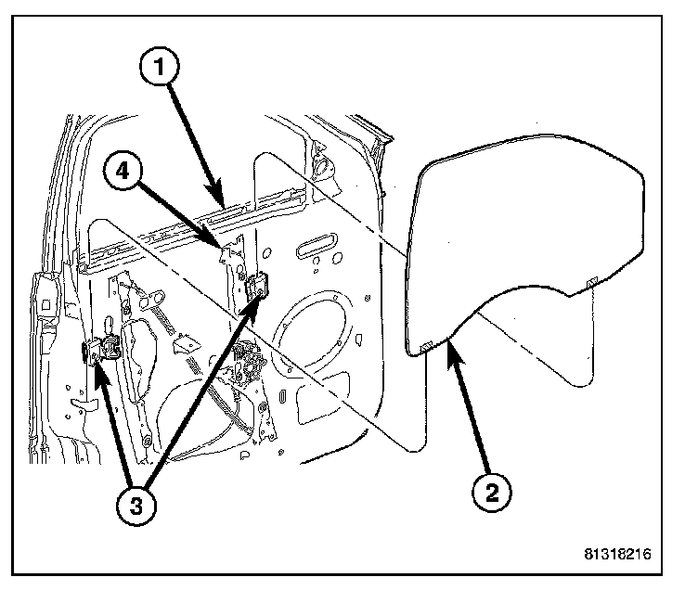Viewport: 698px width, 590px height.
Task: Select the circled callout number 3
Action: coord(136,506)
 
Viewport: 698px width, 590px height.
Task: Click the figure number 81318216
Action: coord(617,555)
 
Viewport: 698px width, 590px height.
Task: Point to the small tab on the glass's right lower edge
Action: coord(589,282)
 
